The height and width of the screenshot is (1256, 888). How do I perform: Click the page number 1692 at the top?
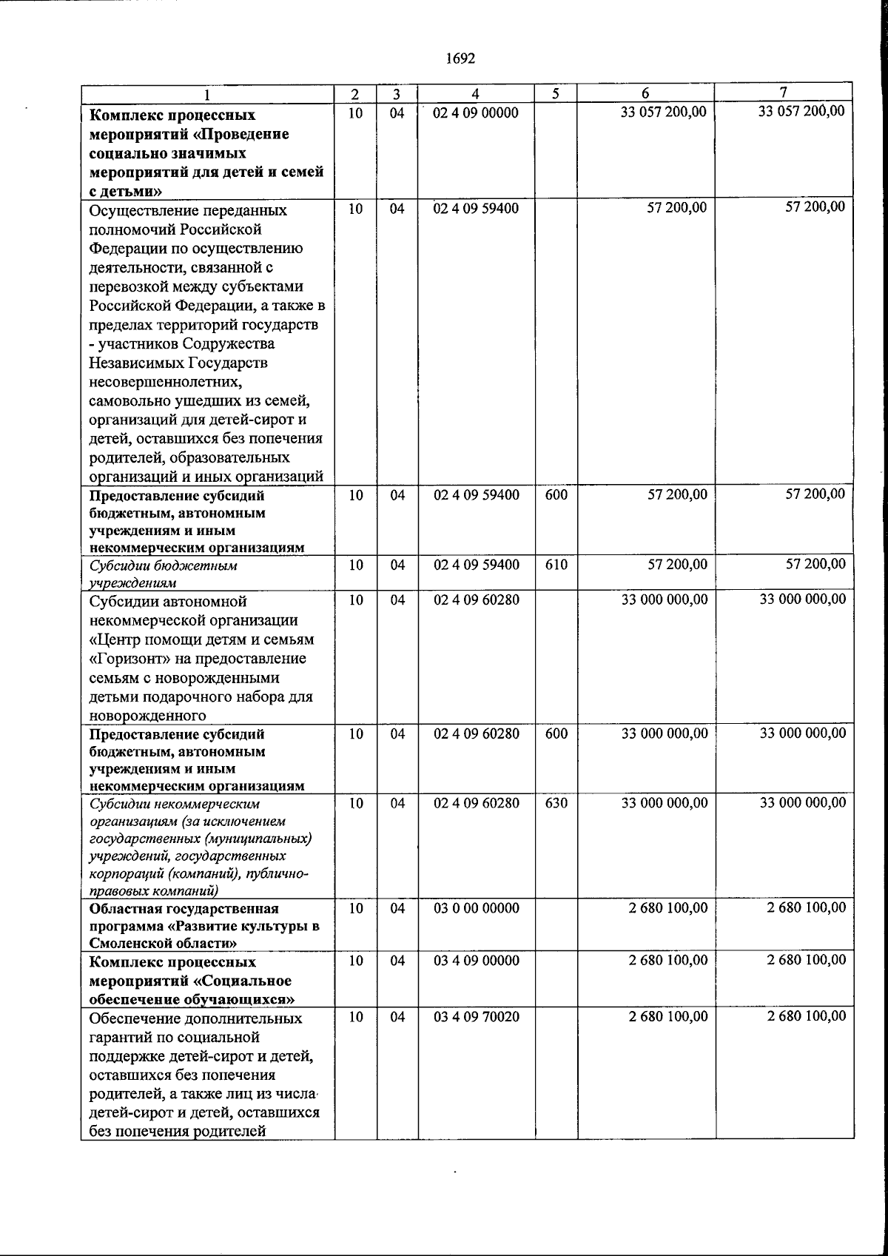click(461, 58)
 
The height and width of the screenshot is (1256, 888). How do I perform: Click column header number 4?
click(476, 94)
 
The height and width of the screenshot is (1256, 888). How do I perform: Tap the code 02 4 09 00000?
click(476, 113)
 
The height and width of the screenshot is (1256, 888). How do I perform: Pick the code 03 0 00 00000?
click(476, 908)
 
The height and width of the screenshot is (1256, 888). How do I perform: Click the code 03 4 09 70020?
click(476, 1017)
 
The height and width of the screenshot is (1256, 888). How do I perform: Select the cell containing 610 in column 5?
click(556, 565)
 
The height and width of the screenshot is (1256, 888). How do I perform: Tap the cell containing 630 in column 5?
click(556, 803)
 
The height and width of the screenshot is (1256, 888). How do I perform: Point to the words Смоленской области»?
click(163, 943)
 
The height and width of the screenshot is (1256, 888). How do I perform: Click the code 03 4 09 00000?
click(476, 961)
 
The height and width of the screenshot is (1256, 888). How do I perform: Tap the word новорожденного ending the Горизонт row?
click(147, 716)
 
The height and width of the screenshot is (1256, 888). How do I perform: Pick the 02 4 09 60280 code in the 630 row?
click(476, 803)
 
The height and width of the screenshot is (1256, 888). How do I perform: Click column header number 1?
click(207, 95)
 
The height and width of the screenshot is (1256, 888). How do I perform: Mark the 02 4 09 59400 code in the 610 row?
click(476, 565)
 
